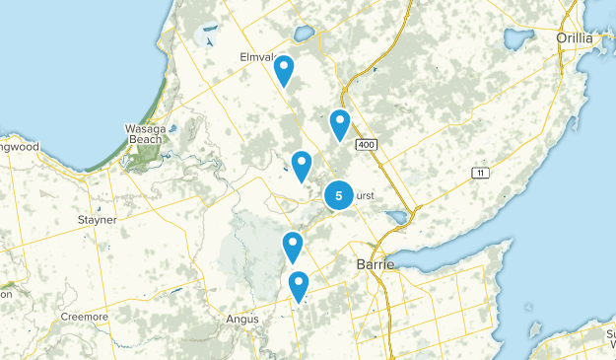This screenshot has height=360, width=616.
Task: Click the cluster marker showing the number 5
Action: [x=339, y=195]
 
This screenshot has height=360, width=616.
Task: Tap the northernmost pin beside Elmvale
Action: [x=284, y=70]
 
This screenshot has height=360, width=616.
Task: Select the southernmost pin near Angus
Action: [x=299, y=286]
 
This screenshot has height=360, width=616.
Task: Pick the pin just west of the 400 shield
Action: [x=340, y=124]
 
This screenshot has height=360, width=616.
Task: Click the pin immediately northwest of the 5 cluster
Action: [x=302, y=165]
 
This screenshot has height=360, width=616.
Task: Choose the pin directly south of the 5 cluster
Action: [x=292, y=245]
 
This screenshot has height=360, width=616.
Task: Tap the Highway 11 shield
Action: [x=481, y=174]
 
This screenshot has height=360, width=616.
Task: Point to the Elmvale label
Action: [x=258, y=57]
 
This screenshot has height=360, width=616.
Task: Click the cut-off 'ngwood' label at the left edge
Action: [x=19, y=147]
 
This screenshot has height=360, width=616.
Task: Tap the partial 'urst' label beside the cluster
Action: [x=364, y=196]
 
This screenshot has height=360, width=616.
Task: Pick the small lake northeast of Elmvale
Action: [x=303, y=35]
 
